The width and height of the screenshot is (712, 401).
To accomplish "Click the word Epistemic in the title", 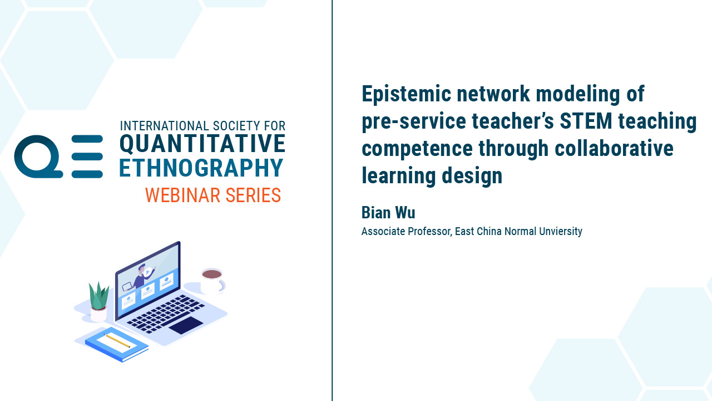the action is pyautogui.click(x=406, y=95).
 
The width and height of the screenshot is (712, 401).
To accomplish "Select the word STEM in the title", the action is pyautogui.click(x=586, y=121).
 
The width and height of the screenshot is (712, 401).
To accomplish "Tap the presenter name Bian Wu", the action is pyautogui.click(x=388, y=213).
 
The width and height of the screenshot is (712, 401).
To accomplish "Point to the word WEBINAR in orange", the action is pyautogui.click(x=182, y=195).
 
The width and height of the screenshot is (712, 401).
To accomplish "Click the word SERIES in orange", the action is pyautogui.click(x=253, y=195).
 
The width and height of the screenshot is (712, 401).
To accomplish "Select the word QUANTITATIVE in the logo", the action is pyautogui.click(x=202, y=144).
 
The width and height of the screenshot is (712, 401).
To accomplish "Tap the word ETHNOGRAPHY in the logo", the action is pyautogui.click(x=201, y=168).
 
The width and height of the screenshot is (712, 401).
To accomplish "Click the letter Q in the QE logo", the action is pyautogui.click(x=38, y=157).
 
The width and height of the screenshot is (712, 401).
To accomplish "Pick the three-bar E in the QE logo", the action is pyautogui.click(x=87, y=157).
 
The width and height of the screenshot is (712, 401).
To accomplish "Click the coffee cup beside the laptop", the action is pyautogui.click(x=212, y=282).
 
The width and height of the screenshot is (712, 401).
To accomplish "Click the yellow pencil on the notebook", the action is pyautogui.click(x=117, y=340).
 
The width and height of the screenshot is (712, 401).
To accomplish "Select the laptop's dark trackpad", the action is pyautogui.click(x=186, y=325).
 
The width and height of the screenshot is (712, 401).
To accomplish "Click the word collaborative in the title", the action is pyautogui.click(x=614, y=148).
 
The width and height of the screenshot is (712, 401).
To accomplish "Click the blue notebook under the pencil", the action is pyautogui.click(x=117, y=344).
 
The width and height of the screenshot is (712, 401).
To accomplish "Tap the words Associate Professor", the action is pyautogui.click(x=406, y=231).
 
